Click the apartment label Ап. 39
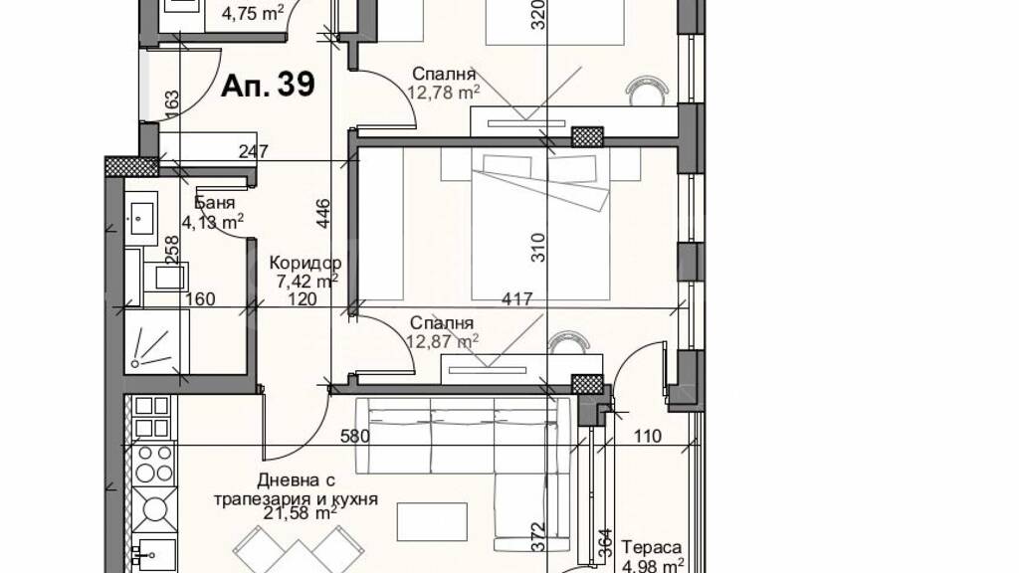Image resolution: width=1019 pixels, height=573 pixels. [268, 86]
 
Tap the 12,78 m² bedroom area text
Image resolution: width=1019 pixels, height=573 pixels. [444, 93]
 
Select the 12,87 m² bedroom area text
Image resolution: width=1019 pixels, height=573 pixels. [443, 340]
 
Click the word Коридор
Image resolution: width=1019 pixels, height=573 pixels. [306, 263]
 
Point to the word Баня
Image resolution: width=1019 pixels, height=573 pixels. [215, 203]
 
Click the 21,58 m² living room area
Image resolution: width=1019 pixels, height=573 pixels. [301, 514]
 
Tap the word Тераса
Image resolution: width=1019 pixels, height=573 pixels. [652, 548]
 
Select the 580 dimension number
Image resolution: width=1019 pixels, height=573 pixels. [355, 436]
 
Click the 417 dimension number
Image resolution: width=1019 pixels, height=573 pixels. [517, 299]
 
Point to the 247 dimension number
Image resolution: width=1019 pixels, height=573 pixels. [254, 152]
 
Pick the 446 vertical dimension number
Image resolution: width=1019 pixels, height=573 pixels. [323, 214]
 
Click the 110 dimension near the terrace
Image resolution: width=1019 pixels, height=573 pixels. [647, 436]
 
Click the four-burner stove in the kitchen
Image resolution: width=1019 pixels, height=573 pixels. [155, 464]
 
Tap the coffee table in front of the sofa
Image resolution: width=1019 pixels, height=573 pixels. [432, 521]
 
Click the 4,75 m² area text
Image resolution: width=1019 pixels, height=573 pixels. [253, 14]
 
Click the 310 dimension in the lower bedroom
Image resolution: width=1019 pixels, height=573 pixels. [539, 248]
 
